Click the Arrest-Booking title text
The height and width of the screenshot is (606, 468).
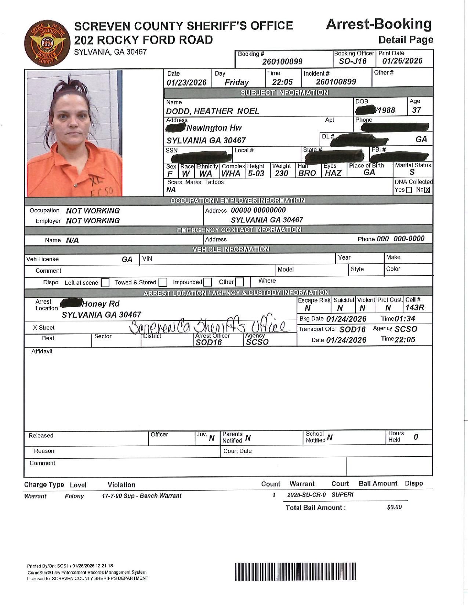point(379,24)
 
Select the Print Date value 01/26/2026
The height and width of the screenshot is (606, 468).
point(402,61)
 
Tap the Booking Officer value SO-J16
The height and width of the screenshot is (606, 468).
point(353,61)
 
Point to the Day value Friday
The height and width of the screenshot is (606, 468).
point(237,82)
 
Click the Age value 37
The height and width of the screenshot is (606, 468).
point(416,110)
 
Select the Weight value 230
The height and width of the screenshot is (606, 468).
point(281,173)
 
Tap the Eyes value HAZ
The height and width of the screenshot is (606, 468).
point(333,173)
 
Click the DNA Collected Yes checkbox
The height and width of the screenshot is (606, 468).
point(409,190)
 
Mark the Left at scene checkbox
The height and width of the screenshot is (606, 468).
point(105,282)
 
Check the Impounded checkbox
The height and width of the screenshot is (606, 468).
point(207,282)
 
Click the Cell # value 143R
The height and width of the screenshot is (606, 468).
point(414,308)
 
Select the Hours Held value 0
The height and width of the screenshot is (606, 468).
point(416,437)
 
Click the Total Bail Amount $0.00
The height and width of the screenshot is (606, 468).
point(394,507)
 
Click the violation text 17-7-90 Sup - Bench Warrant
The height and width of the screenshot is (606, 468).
point(141,496)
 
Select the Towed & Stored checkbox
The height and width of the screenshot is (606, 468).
point(163,282)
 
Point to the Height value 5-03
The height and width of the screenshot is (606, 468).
point(256,173)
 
